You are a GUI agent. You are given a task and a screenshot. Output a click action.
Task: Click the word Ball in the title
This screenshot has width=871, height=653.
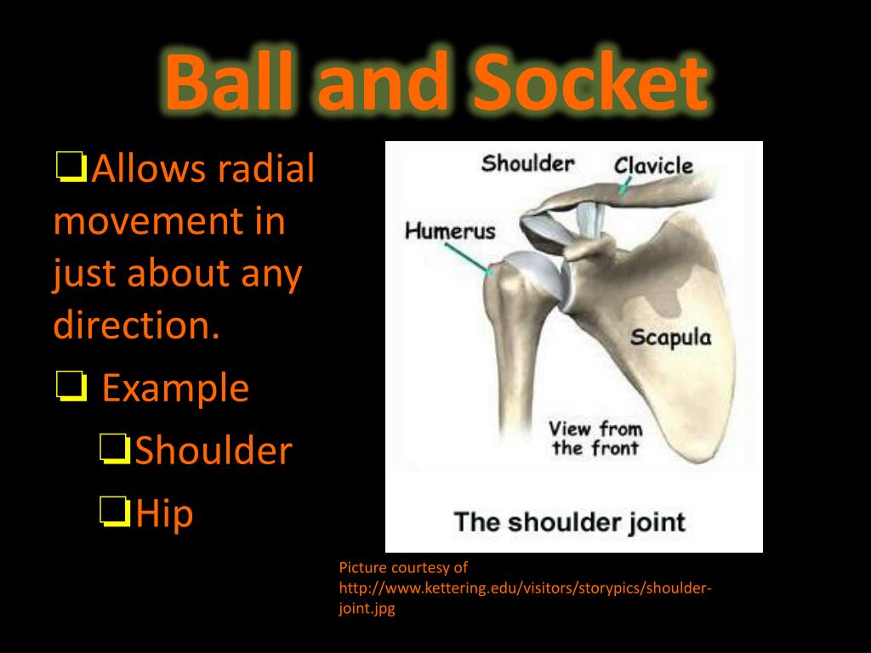pyautogui.click(x=231, y=82)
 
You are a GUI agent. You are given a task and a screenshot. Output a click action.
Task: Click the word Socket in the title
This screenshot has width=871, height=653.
pyautogui.click(x=587, y=82)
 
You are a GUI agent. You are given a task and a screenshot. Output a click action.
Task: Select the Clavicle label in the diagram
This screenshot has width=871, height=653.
pyautogui.click(x=653, y=166)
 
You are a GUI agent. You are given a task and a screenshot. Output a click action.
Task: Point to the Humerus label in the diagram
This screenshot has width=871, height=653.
pyautogui.click(x=449, y=230)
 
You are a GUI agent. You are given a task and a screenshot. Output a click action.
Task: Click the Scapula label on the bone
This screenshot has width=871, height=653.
pyautogui.click(x=670, y=338)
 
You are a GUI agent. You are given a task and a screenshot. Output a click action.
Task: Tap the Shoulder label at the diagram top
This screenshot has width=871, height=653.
pyautogui.click(x=527, y=162)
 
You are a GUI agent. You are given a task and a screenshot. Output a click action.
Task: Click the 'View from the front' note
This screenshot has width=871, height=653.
pyautogui.click(x=595, y=438)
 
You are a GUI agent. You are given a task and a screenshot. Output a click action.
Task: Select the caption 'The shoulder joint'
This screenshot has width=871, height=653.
pyautogui.click(x=569, y=520)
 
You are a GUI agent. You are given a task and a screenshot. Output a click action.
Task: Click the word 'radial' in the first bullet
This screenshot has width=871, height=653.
pyautogui.click(x=265, y=169)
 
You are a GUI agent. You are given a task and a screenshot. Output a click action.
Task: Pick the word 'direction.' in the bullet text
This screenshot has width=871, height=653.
pyautogui.click(x=136, y=326)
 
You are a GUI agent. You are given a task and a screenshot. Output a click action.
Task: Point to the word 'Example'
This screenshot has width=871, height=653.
pyautogui.click(x=175, y=389)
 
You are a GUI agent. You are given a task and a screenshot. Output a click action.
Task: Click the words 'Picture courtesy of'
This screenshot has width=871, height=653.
pyautogui.click(x=403, y=568)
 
